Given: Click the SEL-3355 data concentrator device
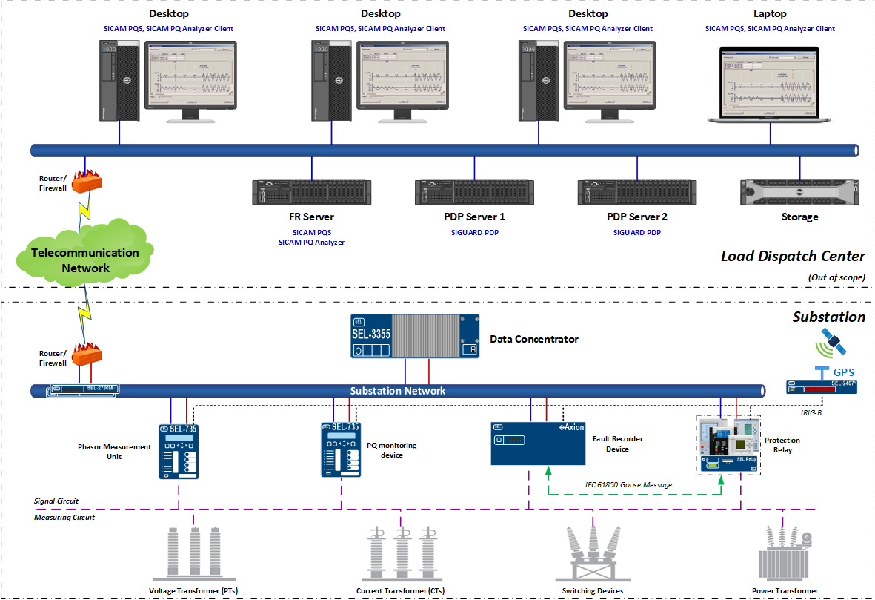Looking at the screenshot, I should (x=414, y=337).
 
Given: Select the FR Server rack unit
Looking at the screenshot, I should (x=311, y=192).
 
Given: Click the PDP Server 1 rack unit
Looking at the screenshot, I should (x=474, y=192).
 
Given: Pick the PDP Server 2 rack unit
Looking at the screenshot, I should (x=637, y=192).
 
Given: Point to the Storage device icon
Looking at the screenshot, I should (x=799, y=192).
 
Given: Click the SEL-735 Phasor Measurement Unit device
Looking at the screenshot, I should (x=178, y=451).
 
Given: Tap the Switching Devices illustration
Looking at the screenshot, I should (x=592, y=553).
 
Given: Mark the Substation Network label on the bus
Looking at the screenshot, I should (x=398, y=391).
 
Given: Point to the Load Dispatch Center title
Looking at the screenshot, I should (x=793, y=257).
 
